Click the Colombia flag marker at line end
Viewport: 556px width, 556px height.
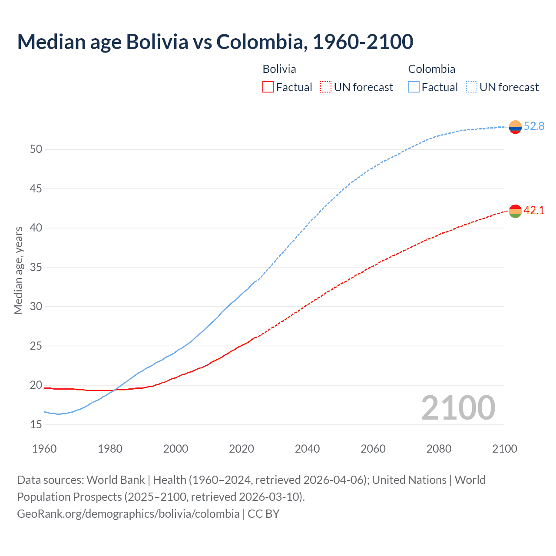tap(515, 127)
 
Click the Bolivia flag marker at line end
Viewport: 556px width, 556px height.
tap(515, 211)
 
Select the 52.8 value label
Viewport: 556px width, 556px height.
tap(534, 126)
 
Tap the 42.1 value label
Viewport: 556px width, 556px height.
tap(534, 211)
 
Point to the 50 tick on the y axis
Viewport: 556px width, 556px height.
tap(36, 149)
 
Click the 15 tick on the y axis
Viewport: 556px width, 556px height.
tap(36, 424)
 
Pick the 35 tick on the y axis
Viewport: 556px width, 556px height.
tap(36, 267)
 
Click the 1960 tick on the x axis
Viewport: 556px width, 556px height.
tap(44, 449)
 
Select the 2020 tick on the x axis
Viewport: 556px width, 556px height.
tap(242, 449)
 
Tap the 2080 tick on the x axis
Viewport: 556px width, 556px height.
tap(439, 449)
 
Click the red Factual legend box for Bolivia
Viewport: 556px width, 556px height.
tap(268, 87)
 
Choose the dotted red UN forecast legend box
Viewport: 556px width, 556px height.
tap(326, 87)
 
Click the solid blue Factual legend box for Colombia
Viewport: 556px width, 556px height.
tap(414, 87)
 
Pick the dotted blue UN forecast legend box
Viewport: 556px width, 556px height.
tap(472, 87)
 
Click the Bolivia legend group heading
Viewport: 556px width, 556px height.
tap(279, 69)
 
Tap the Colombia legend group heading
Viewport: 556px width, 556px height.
tap(432, 69)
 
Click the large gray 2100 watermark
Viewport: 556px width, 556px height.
tap(458, 408)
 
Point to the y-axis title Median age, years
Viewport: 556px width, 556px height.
tap(18, 270)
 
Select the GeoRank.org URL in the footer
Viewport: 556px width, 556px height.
tap(128, 514)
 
